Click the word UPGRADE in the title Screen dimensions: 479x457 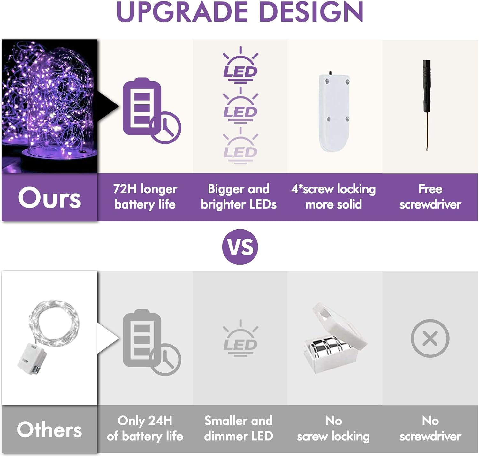tap(182, 12)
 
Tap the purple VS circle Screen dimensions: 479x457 tap(240, 247)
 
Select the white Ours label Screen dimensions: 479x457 tap(49, 197)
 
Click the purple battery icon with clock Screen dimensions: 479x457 tap(152, 110)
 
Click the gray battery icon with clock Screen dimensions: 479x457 tap(152, 342)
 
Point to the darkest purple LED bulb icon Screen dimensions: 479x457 tap(240, 65)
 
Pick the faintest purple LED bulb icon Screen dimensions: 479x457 tap(240, 146)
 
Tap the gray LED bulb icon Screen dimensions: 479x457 tap(240, 338)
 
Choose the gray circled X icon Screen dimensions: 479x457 tap(430, 338)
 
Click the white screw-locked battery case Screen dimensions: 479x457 tap(334, 112)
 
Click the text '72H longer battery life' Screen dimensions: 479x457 tap(145, 197)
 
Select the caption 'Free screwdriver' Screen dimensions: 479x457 tap(430, 197)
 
